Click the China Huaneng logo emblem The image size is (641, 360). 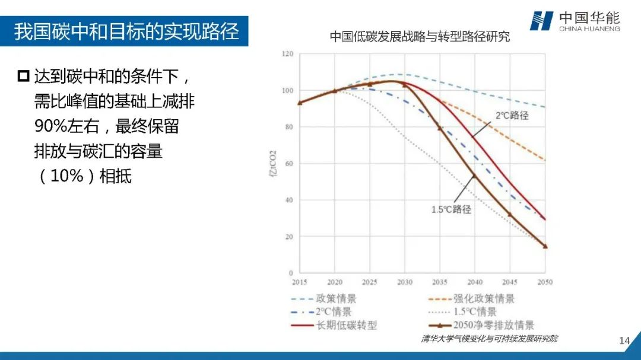pos(541,21)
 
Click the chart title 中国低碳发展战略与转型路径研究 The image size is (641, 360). pos(420,37)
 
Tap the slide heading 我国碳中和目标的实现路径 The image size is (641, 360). pos(126,31)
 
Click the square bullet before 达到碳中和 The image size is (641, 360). pos(24,76)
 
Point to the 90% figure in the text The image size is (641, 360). pos(50,126)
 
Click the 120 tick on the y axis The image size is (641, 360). pos(288,54)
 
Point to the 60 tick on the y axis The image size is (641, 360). pos(289,164)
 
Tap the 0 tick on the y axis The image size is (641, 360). pos(291,273)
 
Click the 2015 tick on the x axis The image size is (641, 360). pos(300,282)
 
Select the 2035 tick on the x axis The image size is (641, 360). pos(440,282)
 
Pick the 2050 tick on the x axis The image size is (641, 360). pos(545,282)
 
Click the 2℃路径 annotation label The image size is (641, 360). pos(512,116)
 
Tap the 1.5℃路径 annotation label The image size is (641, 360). pos(451,209)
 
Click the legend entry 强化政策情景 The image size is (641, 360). pos(484,299)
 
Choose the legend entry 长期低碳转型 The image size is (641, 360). pos(346,325)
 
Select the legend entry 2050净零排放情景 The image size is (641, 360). pos(493,325)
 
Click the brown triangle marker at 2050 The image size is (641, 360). pos(545,246)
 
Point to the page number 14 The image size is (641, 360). pos(624,341)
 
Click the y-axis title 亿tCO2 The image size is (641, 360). pos(272,164)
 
